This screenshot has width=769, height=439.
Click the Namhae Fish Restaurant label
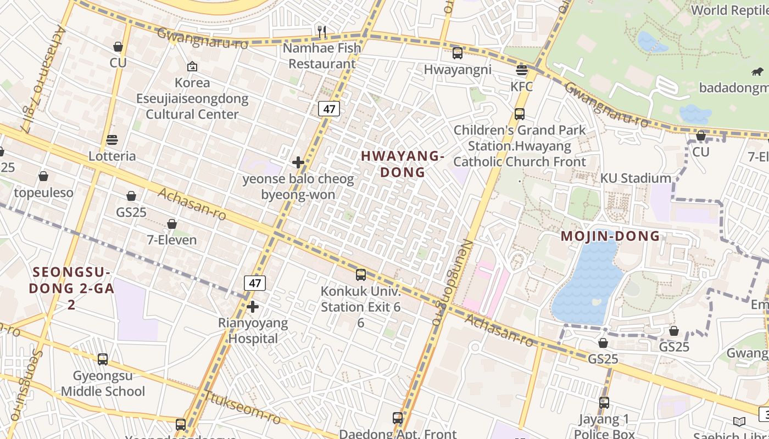[x=322, y=56]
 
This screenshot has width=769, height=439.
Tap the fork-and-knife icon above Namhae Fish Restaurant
[x=322, y=32]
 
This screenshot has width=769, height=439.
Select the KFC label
[x=521, y=87]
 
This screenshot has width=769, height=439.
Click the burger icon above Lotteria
[x=112, y=140]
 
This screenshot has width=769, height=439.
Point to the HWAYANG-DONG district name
[x=403, y=164]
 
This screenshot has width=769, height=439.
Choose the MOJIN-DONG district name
[x=610, y=237]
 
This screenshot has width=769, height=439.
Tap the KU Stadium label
[x=636, y=178]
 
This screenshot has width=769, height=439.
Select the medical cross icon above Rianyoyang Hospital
[x=253, y=307]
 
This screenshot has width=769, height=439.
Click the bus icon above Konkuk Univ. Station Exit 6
[x=361, y=275]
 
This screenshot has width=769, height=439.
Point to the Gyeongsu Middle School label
[x=103, y=384]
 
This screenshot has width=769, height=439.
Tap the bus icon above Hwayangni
[x=458, y=53]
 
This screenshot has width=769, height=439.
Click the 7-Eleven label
[x=171, y=240]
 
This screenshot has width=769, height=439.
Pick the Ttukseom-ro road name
[x=242, y=407]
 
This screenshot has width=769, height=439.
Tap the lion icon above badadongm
[x=757, y=72]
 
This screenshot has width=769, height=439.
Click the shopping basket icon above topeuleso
[x=43, y=177]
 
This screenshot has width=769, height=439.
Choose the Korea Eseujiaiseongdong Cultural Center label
[x=192, y=99]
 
